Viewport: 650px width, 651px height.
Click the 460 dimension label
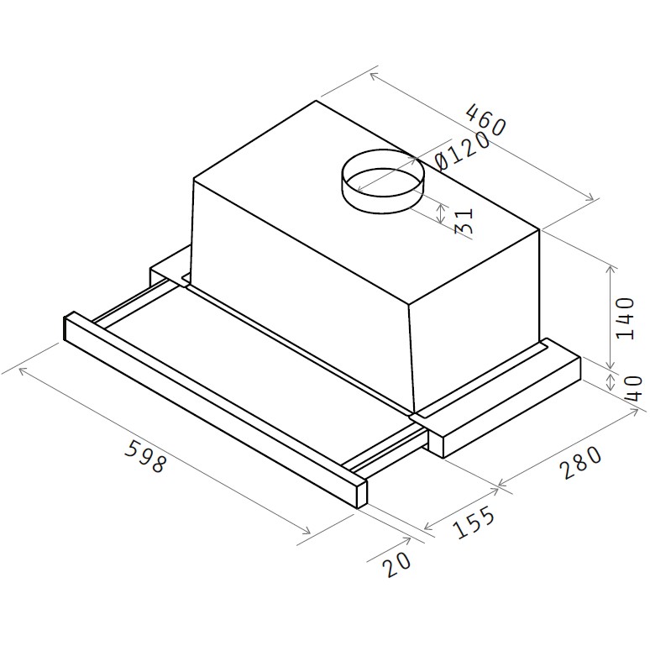pos(485,120)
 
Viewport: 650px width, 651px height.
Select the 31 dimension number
pos(464,221)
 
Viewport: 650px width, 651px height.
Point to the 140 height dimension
pos(626,318)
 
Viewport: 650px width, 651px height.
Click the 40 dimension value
pos(633,388)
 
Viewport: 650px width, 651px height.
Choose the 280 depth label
pos(580,462)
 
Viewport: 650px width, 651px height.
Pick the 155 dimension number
pos(474,522)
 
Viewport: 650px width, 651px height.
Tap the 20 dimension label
pos(397,563)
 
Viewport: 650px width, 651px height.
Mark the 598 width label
pos(146,456)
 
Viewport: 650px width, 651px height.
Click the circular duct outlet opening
pos(383,181)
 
